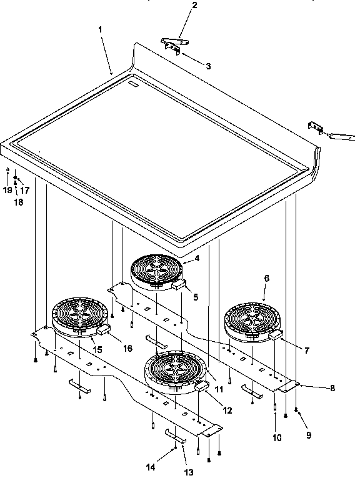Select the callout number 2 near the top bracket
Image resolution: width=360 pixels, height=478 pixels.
coord(177,6)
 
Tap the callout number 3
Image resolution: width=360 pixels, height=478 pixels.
coord(208,65)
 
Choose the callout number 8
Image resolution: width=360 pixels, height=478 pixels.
coord(332,388)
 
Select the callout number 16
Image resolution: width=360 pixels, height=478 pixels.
coord(127,348)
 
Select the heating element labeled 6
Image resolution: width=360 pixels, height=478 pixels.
coord(250,322)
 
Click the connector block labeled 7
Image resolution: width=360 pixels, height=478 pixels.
coord(276,336)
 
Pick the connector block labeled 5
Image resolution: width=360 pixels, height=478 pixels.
coord(181,284)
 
